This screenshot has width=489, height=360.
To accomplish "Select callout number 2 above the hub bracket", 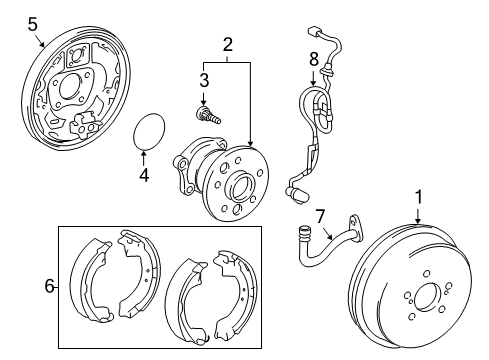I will (x=228, y=44).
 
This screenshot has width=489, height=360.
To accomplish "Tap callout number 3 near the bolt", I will (x=203, y=79).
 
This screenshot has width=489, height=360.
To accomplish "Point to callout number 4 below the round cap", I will (x=144, y=175).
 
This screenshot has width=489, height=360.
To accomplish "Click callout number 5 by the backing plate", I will (x=32, y=22).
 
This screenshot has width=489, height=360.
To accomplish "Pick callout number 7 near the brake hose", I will (x=320, y=216).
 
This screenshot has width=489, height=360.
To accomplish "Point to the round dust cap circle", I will (x=150, y=131).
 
